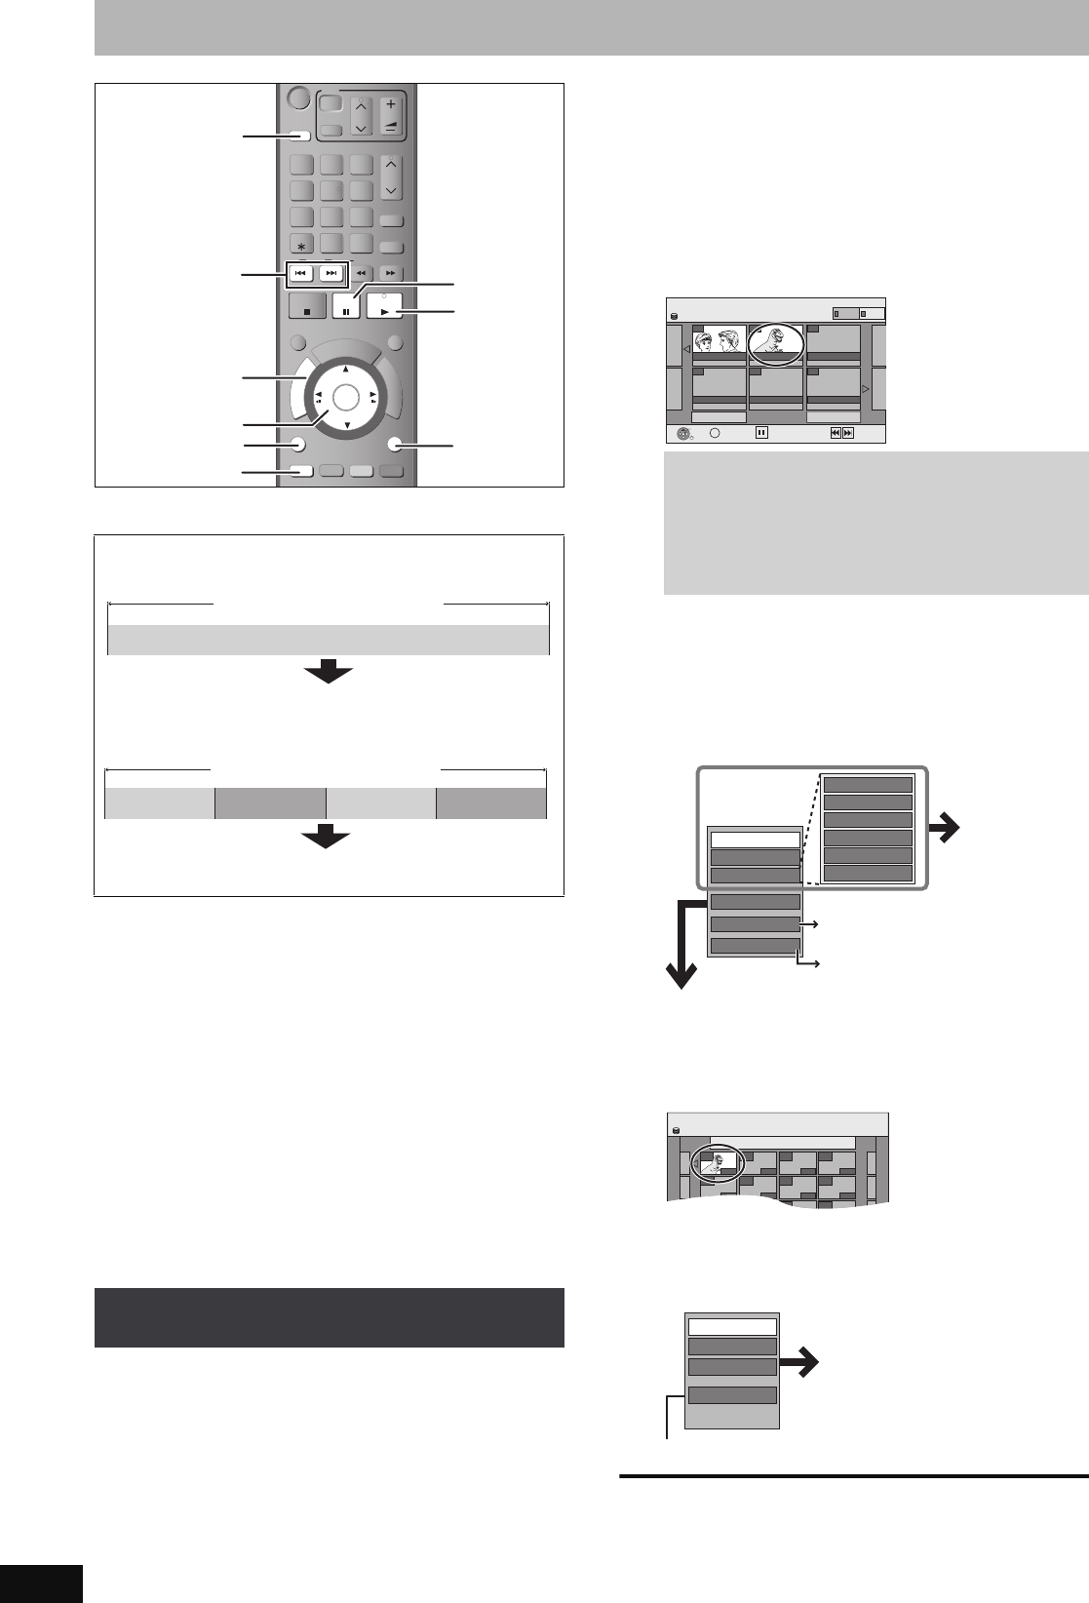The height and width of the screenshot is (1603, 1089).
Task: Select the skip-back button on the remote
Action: tap(301, 274)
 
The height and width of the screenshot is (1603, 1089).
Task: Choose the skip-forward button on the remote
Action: tap(331, 274)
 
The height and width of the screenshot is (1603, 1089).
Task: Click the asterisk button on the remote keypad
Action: tap(301, 244)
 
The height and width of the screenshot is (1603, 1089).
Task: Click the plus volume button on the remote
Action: tap(391, 104)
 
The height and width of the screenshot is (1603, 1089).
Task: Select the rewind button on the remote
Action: tap(361, 274)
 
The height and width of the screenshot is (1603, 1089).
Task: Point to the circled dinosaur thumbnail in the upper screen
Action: tap(776, 344)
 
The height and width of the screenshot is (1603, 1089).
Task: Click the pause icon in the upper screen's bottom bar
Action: tap(762, 433)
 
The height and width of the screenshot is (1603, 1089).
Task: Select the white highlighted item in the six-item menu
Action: tap(756, 840)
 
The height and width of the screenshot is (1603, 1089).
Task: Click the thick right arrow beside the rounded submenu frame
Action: tap(945, 829)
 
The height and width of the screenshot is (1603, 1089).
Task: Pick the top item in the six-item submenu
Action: tap(868, 785)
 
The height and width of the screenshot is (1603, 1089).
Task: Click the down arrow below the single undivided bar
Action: tap(328, 672)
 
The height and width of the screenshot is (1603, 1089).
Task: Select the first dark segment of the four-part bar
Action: tap(270, 803)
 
